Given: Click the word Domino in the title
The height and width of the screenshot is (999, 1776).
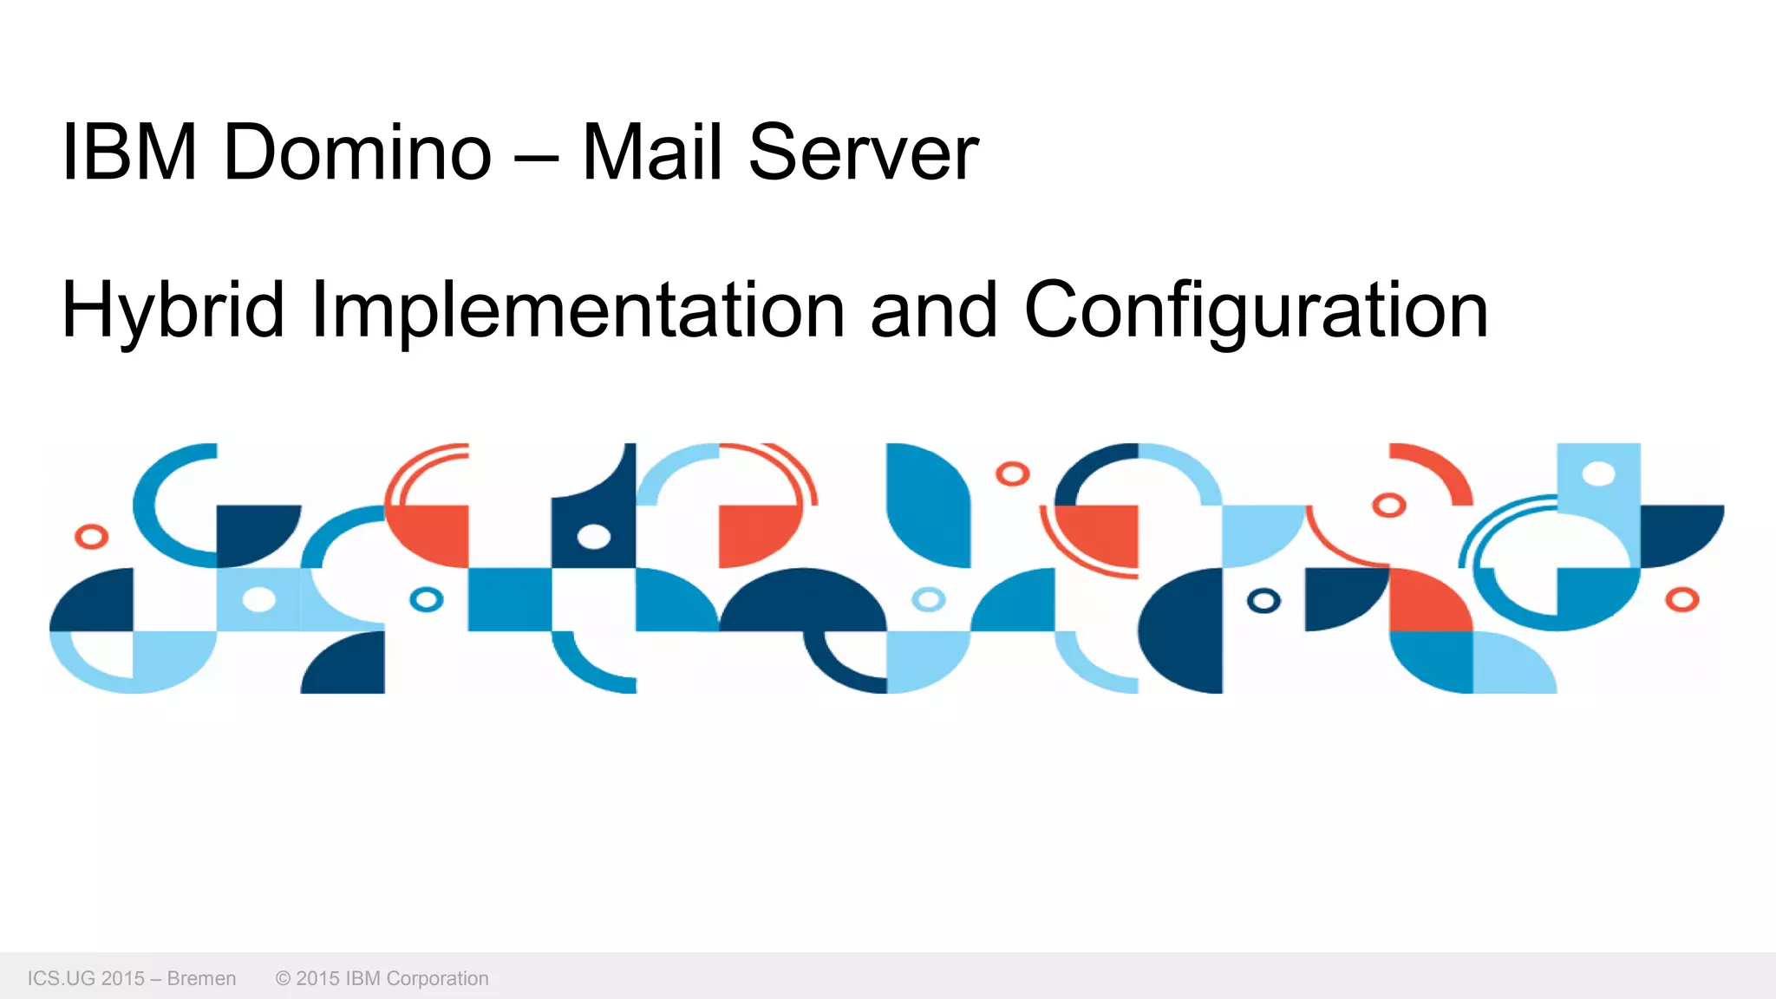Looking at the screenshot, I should tap(357, 153).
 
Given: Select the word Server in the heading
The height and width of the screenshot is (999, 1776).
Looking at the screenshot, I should tap(863, 153).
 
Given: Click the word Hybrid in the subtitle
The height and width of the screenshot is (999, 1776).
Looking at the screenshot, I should tap(173, 310).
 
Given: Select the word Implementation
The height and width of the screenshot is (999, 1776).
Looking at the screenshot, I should tap(578, 310).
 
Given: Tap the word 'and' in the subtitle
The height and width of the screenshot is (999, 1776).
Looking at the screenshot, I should tap(933, 310).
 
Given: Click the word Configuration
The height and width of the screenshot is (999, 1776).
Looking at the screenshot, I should tap(1256, 310).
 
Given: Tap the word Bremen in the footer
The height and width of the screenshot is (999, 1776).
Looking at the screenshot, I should tap(201, 978).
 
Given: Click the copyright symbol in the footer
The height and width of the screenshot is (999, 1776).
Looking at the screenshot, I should tap(283, 978).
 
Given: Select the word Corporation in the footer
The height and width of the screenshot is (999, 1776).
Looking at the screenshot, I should tap(437, 978).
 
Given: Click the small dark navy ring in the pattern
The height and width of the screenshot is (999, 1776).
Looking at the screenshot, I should tap(1263, 600).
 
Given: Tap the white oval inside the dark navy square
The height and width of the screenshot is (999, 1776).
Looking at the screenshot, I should tap(594, 537).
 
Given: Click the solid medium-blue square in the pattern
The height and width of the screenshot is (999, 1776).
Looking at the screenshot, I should tap(510, 599).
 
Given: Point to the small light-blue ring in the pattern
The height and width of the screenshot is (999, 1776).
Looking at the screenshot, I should tap(929, 599).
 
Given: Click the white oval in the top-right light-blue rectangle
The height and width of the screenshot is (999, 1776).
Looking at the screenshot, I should tap(1598, 473).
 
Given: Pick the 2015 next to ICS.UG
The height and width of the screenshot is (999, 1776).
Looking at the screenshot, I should tap(122, 978).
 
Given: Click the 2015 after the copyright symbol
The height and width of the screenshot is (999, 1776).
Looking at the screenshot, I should tap(317, 978).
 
